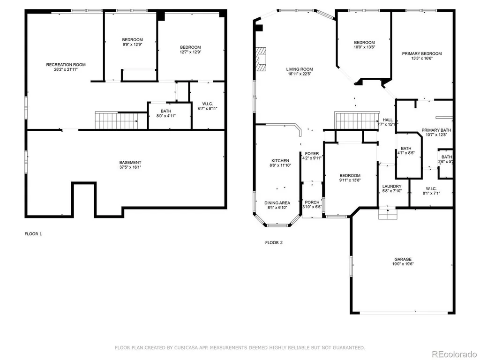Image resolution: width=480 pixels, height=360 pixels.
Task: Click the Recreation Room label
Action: pos(66,65)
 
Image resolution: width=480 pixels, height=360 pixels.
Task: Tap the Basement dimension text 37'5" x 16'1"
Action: pos(130,167)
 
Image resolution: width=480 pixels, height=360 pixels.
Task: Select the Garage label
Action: pos(403,259)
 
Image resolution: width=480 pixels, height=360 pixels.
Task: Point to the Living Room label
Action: pos(300,69)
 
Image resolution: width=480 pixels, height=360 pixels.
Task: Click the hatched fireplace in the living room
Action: pos(261,59)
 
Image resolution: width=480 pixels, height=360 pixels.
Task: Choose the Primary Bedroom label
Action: pos(422,53)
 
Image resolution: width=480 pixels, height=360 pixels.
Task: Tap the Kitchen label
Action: pos(280,160)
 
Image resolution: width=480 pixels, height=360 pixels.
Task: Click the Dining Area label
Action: pos(277,202)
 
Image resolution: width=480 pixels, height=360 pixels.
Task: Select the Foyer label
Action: pos(312,153)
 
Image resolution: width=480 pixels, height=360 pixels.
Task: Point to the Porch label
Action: pos(312,202)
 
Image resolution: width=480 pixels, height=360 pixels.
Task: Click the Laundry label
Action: pos(392,186)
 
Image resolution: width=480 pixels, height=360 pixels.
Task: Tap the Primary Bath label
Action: pos(436,130)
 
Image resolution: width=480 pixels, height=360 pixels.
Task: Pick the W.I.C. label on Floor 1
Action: pos(208,104)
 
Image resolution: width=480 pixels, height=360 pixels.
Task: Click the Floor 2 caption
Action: pos(274,243)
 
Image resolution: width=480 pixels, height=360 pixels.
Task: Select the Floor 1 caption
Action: pos(33,234)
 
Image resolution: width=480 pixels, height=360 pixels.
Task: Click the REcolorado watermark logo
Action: pos(454,354)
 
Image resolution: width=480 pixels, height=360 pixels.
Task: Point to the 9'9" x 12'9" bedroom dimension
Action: pos(132,45)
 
